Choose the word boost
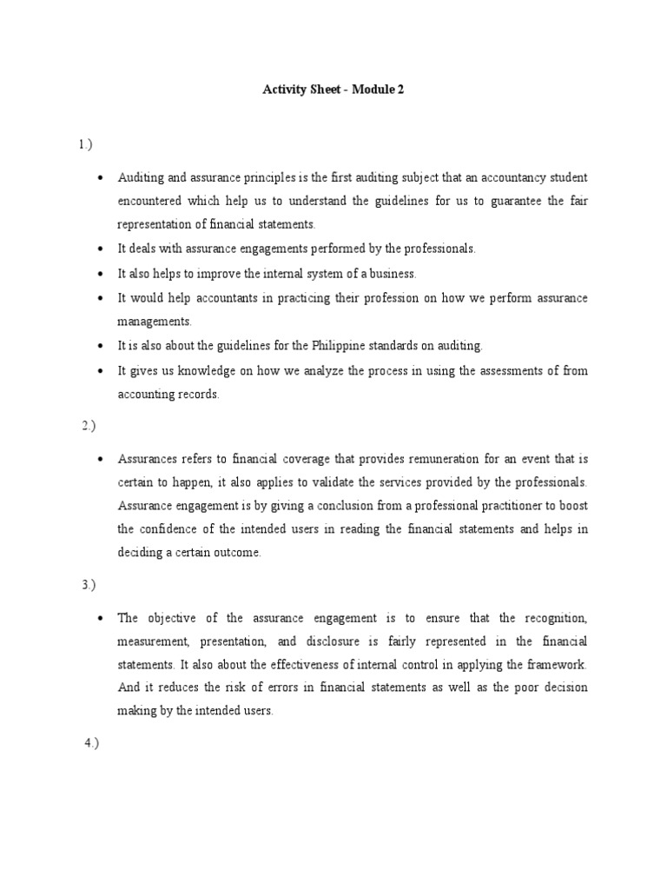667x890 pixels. (x=572, y=505)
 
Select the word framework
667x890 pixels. (x=555, y=664)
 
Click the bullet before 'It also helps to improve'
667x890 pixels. (x=101, y=274)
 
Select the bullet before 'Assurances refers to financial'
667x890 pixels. (x=101, y=459)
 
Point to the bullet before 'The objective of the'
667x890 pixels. (x=101, y=619)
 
